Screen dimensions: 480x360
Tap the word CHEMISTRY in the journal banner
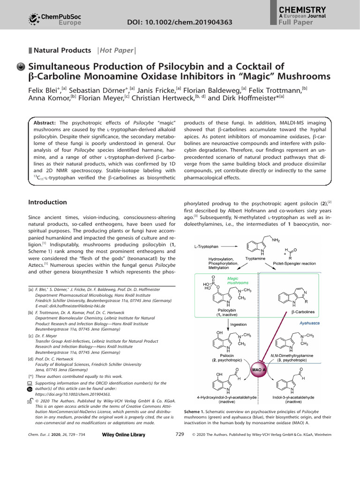pos(302,10)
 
